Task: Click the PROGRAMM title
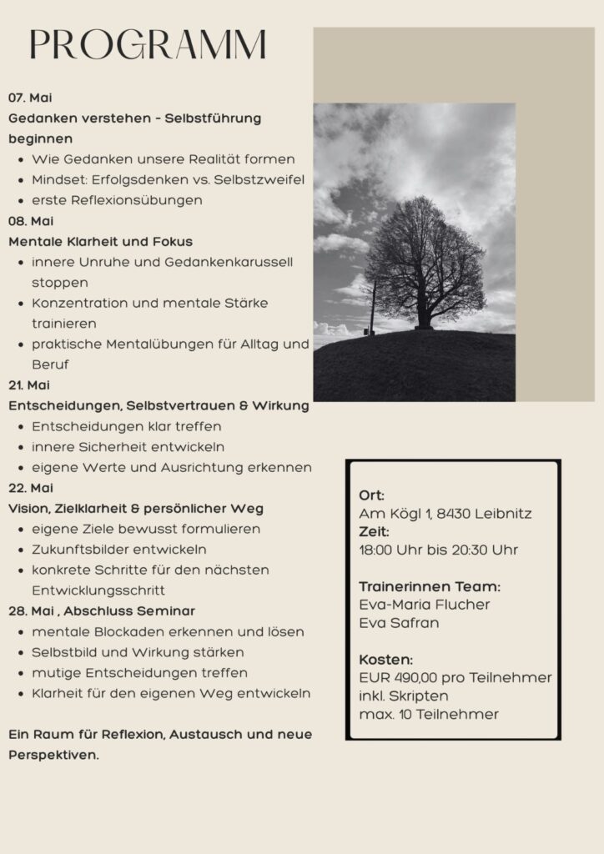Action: click(x=148, y=45)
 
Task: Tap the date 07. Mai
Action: click(x=30, y=98)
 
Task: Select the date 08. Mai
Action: click(x=31, y=221)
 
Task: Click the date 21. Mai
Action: click(x=29, y=385)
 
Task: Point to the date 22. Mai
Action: click(x=31, y=488)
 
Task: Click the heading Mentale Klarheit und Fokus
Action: click(x=100, y=242)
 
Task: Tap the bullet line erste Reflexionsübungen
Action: click(x=117, y=200)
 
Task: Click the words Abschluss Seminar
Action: click(x=148, y=611)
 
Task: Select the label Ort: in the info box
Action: click(x=372, y=495)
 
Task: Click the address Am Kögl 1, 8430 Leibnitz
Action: click(x=445, y=514)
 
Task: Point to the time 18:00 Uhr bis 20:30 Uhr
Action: click(x=438, y=550)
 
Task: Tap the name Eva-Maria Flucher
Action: click(x=425, y=605)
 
